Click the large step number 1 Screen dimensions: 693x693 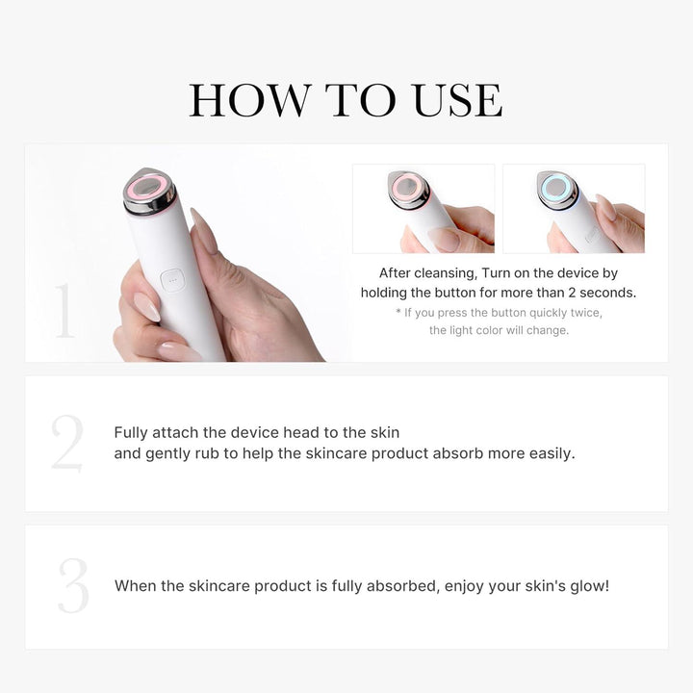[64, 312]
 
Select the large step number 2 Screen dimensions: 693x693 [67, 444]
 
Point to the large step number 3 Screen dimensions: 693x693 [72, 586]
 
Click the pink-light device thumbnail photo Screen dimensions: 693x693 [423, 208]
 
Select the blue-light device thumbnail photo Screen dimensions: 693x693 [574, 208]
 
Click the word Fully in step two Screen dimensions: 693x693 [133, 433]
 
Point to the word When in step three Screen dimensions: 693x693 [135, 585]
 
